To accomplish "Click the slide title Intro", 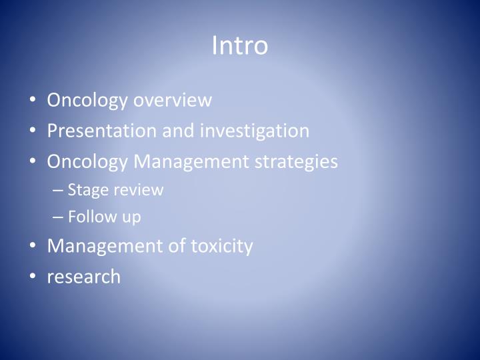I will (239, 45).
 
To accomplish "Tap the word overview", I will (173, 100).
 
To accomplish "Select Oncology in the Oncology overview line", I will (87, 100).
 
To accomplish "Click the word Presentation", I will (102, 131).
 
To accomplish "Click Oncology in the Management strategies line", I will (87, 161).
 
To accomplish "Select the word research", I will (83, 277).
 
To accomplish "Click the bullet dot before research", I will (33, 277).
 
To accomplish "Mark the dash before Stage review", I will (57, 190).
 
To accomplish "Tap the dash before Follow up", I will (57, 217).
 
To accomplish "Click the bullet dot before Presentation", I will (33, 131).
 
